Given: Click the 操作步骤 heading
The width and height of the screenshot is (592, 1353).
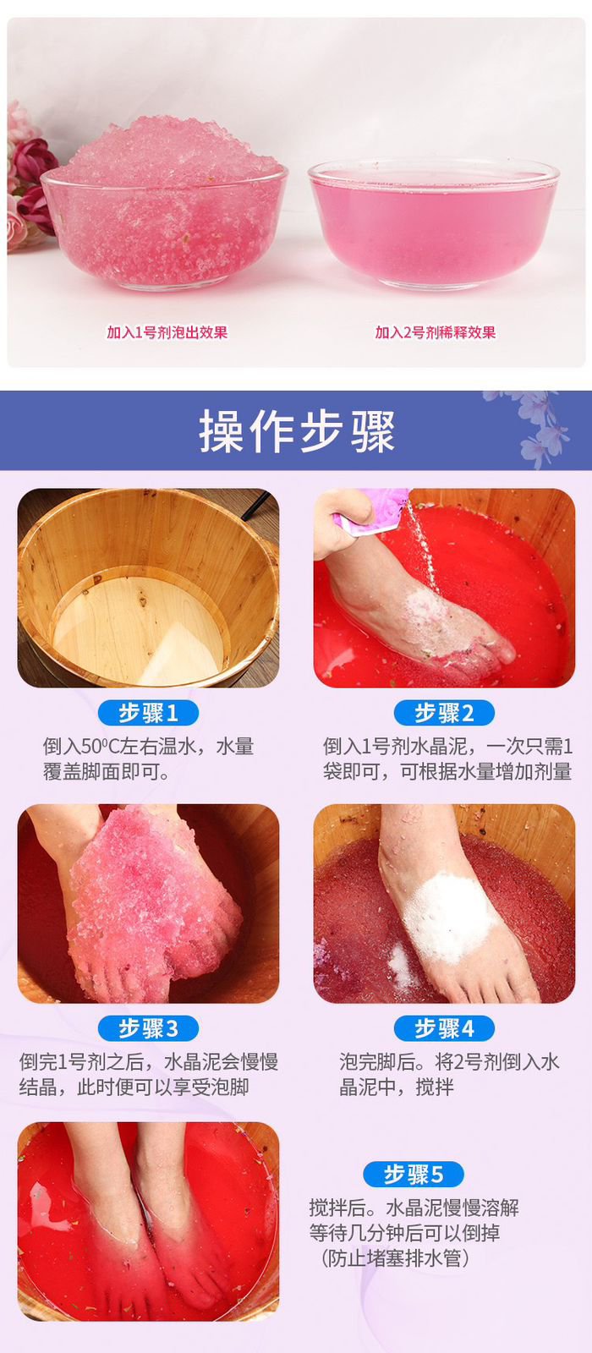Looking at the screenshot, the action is [x=297, y=430].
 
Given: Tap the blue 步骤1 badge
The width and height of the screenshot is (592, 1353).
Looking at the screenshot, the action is [x=148, y=713].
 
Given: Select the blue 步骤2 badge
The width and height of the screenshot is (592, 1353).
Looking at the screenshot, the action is [x=444, y=713].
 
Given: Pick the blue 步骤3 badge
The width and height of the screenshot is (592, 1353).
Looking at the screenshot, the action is [x=148, y=1028].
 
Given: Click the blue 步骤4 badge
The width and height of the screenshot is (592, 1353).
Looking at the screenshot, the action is [x=444, y=1028].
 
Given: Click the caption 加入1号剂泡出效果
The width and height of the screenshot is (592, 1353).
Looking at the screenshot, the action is [x=167, y=332].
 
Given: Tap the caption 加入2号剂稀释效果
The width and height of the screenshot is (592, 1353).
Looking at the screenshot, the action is [x=435, y=332].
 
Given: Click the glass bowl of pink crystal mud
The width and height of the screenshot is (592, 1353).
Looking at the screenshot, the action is [x=164, y=205].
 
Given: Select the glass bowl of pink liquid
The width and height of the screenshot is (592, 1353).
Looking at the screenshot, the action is [x=433, y=223].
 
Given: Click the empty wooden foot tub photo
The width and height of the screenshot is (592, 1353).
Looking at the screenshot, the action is [x=148, y=588].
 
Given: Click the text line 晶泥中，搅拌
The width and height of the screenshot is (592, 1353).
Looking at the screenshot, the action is [x=396, y=1087].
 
